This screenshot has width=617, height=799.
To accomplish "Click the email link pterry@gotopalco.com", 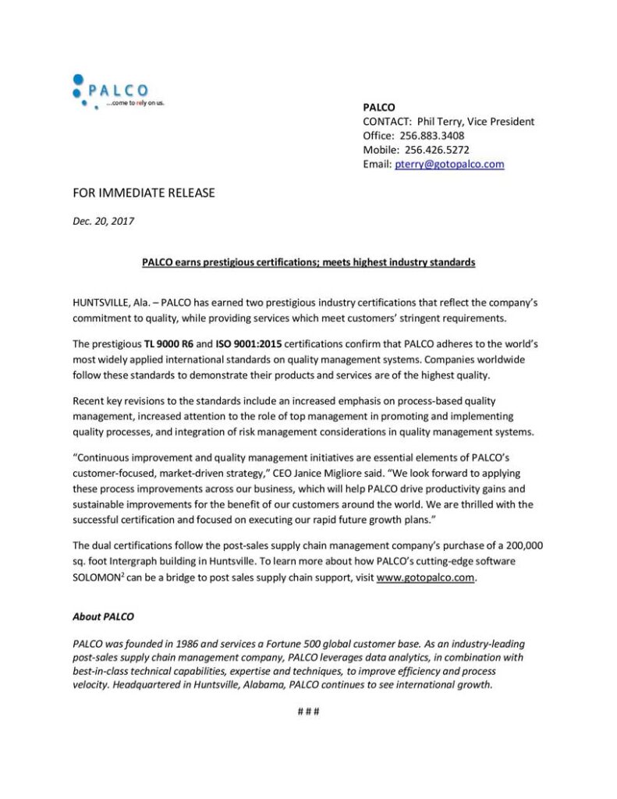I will pos(449,164).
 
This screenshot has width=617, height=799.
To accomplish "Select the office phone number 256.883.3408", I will pos(432,135).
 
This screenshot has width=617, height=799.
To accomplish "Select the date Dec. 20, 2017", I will pos(103,221).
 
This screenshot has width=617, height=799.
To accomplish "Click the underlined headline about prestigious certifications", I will pos(308,262).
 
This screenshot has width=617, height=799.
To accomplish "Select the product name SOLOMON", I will pos(101,578).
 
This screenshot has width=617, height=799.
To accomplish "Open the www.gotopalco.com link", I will pos(426,578).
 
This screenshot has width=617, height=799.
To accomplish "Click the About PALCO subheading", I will pos(103,616).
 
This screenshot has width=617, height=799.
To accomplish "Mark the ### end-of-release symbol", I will pos(309,712).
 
